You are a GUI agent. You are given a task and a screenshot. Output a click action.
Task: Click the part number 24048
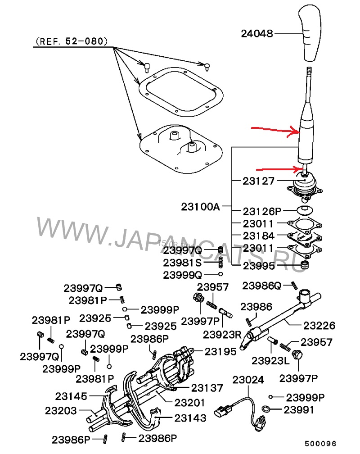coord(257,33)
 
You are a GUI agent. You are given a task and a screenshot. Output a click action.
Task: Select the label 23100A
coord(200,207)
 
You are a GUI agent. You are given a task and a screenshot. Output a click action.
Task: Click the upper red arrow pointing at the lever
coord(276,131)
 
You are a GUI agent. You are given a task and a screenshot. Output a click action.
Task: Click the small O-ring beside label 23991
coord(266,409)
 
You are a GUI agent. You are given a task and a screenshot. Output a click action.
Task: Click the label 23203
coord(61,411)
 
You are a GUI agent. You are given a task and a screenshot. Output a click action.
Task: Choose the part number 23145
coord(72,396)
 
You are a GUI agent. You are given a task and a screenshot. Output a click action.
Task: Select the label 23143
coord(190,418)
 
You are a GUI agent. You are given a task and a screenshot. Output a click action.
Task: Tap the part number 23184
coord(259,236)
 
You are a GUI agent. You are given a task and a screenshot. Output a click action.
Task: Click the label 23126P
coord(262,211)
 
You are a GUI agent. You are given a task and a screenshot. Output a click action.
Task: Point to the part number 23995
coord(259,266)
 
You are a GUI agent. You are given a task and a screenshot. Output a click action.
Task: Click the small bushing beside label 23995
coord(306,265)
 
